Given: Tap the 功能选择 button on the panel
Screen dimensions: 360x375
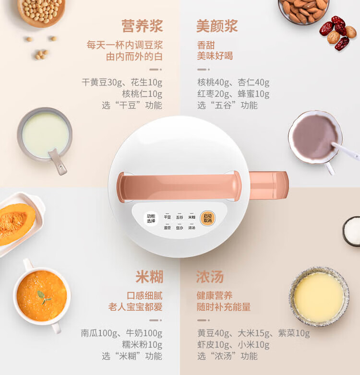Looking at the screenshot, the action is pyautogui.click(x=151, y=218).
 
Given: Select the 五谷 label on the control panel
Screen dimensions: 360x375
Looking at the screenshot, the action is pyautogui.click(x=180, y=217).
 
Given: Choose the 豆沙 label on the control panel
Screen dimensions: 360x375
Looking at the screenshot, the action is pyautogui.click(x=180, y=228).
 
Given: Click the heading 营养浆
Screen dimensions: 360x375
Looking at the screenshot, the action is pyautogui.click(x=142, y=26).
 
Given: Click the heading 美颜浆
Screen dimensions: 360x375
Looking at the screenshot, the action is pyautogui.click(x=217, y=26).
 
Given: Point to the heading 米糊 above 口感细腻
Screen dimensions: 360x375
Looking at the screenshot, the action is pyautogui.click(x=149, y=277).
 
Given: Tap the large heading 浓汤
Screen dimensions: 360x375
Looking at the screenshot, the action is pyautogui.click(x=210, y=277).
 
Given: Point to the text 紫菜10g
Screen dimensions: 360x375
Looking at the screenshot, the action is pyautogui.click(x=294, y=333).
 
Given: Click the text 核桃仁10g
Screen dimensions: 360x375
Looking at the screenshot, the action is pyautogui.click(x=142, y=94).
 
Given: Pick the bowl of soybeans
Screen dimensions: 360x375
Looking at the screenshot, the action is pyautogui.click(x=41, y=12).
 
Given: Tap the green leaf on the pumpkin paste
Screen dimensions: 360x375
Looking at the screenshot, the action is pyautogui.click(x=43, y=297).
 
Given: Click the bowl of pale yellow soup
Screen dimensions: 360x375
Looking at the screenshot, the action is pyautogui.click(x=319, y=296).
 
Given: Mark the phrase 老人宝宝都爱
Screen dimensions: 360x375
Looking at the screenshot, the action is pyautogui.click(x=135, y=307).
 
